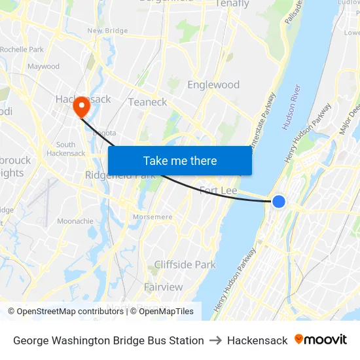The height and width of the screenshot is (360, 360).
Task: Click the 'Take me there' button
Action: tap(180, 161)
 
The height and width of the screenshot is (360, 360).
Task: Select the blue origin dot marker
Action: tap(279, 202)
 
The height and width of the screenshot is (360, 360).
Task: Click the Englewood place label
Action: tap(213, 85)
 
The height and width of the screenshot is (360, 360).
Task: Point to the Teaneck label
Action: tap(147, 102)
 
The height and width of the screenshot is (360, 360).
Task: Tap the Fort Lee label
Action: tap(218, 190)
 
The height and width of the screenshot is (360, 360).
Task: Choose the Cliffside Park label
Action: tap(185, 265)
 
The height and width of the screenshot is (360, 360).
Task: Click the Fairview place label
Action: tap(163, 287)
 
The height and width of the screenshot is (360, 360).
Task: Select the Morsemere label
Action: tap(153, 217)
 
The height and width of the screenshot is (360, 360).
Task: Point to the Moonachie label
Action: tap(75, 221)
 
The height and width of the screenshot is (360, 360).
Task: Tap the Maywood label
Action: tap(43, 66)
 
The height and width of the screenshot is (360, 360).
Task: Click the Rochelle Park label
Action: tap(22, 49)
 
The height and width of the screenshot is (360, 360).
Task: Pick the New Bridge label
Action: tap(107, 31)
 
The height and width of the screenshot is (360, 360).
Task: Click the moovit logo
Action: tap(321, 340)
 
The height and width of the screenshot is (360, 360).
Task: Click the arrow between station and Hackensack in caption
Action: tap(215, 340)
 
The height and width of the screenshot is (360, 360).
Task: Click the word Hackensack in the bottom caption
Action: tap(257, 340)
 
